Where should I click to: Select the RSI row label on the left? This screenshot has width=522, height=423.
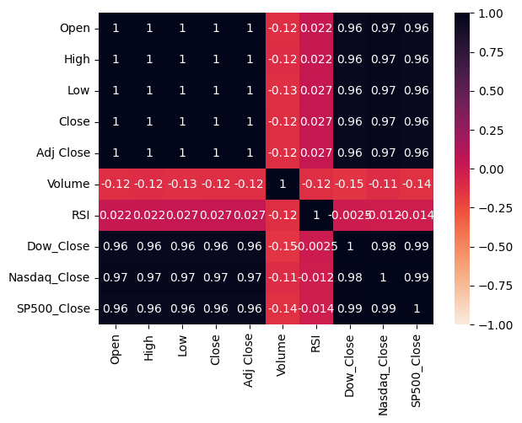pyautogui.click(x=79, y=215)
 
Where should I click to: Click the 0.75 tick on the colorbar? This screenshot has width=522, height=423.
pyautogui.click(x=494, y=52)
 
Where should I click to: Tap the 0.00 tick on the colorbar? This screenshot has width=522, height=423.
pyautogui.click(x=494, y=169)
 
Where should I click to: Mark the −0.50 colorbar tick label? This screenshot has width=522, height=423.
pyautogui.click(x=492, y=247)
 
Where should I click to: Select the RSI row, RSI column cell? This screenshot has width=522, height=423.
pyautogui.click(x=316, y=215)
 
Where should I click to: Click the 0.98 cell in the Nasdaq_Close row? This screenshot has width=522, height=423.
pyautogui.click(x=350, y=277)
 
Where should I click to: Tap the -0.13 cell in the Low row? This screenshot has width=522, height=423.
pyautogui.click(x=283, y=90)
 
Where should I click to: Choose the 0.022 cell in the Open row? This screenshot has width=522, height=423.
pyautogui.click(x=316, y=29)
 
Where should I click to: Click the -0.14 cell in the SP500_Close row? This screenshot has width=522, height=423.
pyautogui.click(x=283, y=308)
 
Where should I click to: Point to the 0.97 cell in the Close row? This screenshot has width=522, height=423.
pyautogui.click(x=383, y=121)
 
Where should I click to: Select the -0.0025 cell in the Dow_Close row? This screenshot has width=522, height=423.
pyautogui.click(x=316, y=246)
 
